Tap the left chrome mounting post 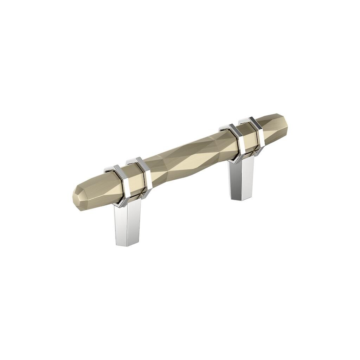coord(127,224)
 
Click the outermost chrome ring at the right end coord(258,135)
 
